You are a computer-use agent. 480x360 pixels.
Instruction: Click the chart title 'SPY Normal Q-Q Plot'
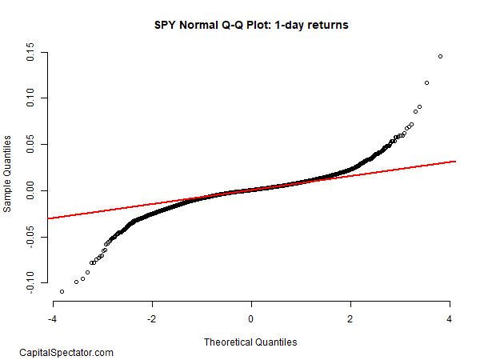pyautogui.click(x=251, y=25)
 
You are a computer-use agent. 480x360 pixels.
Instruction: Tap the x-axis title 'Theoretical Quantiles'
pyautogui.click(x=250, y=342)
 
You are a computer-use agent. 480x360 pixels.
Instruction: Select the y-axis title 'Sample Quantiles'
pyautogui.click(x=8, y=173)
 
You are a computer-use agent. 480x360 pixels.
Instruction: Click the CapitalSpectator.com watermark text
pyautogui.click(x=66, y=352)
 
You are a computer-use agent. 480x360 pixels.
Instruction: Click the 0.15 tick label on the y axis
pyautogui.click(x=30, y=55)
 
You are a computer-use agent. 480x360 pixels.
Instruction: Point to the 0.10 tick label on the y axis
pyautogui.click(x=30, y=98)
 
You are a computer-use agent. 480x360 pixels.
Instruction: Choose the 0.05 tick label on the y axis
pyautogui.click(x=30, y=145)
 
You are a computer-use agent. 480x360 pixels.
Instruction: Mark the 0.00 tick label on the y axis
pyautogui.click(x=30, y=190)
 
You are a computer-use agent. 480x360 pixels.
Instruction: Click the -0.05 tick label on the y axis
pyautogui.click(x=30, y=238)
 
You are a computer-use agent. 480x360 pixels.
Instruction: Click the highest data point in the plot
pyautogui.click(x=440, y=56)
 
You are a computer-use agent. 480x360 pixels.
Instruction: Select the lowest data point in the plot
pyautogui.click(x=62, y=291)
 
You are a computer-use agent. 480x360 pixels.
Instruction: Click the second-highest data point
pyautogui.click(x=426, y=82)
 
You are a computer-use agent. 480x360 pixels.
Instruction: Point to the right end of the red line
pyautogui.click(x=455, y=162)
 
